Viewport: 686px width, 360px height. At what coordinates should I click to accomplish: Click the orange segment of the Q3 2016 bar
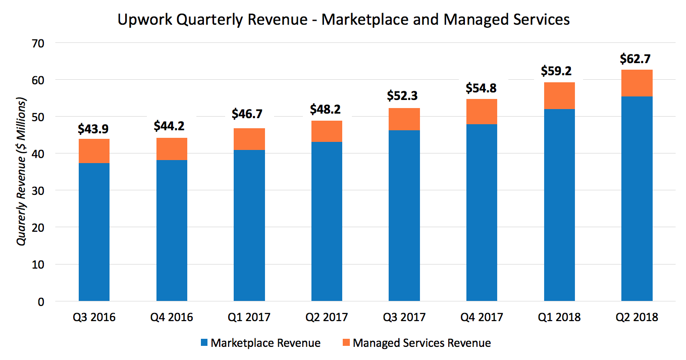(94, 151)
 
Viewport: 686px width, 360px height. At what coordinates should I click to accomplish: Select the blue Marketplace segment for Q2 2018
(637, 199)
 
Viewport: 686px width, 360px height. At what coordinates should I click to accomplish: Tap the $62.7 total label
(637, 59)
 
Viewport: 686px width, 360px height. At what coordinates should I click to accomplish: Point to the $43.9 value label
(94, 128)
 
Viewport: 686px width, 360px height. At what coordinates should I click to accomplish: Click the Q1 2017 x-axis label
(249, 317)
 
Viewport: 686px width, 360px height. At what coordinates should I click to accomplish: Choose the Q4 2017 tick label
(482, 317)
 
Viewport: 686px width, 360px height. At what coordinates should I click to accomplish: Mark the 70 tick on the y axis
(39, 43)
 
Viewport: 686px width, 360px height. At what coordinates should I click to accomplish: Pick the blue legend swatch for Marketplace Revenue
(204, 343)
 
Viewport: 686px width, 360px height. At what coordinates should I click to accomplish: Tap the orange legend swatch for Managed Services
(346, 343)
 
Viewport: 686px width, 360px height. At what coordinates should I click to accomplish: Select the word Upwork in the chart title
(139, 20)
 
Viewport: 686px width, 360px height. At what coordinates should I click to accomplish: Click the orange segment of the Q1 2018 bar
(559, 95)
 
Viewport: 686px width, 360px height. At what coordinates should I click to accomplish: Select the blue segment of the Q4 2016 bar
(172, 231)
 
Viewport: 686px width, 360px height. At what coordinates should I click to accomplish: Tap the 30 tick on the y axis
(39, 191)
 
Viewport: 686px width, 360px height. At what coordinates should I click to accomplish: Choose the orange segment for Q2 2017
(327, 131)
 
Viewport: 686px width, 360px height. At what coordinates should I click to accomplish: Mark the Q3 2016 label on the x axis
(94, 317)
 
